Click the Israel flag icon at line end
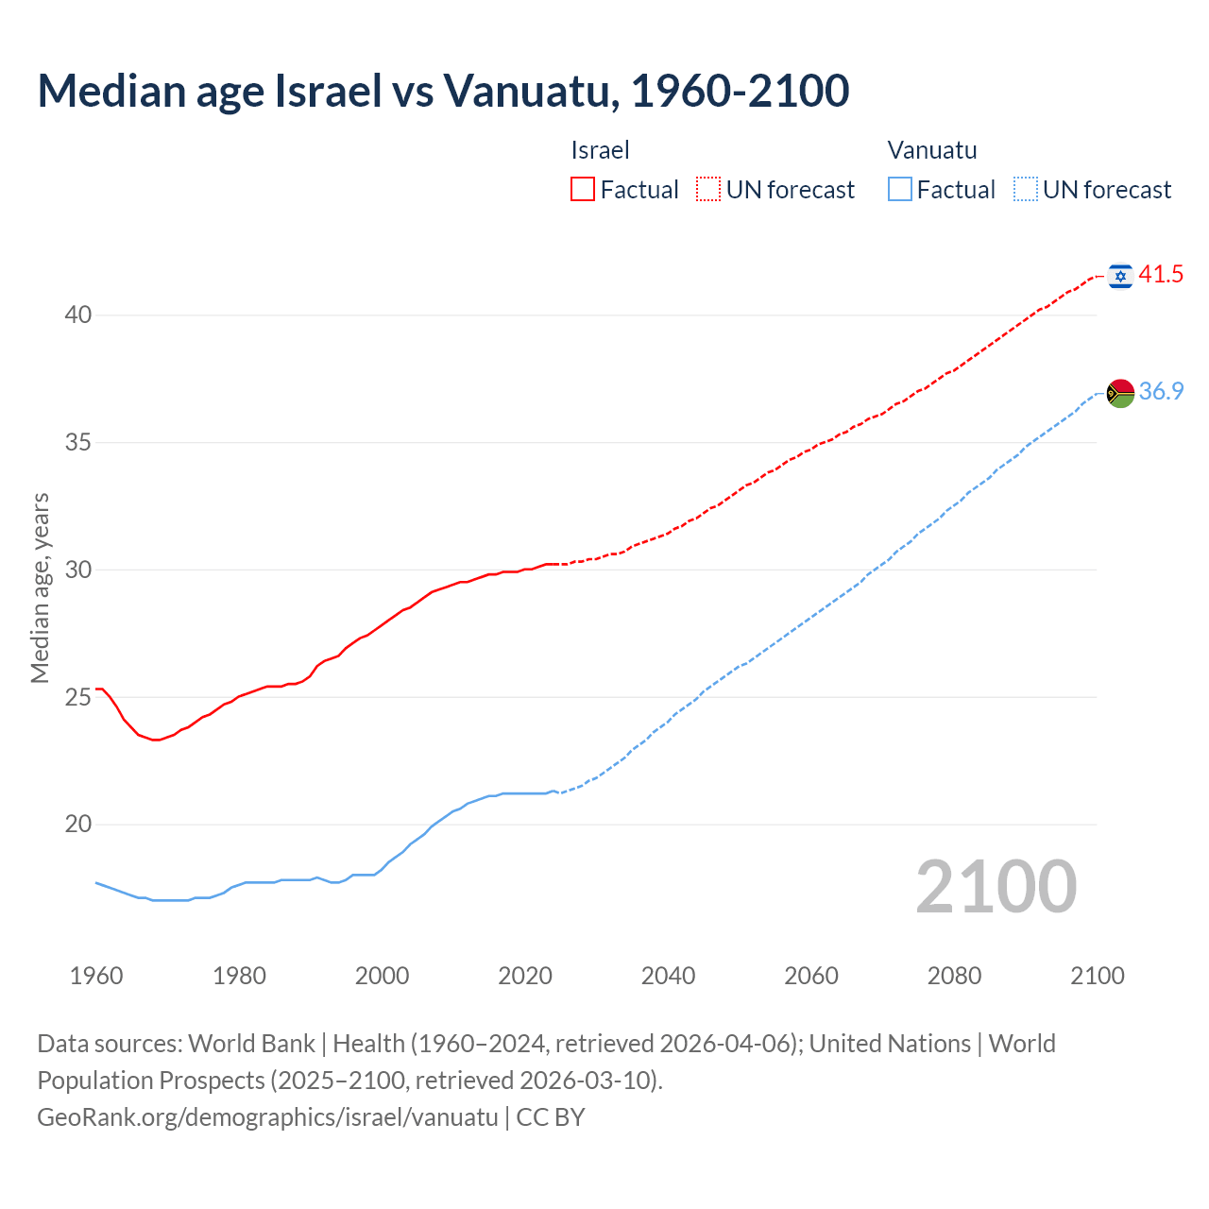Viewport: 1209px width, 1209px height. [x=1120, y=276]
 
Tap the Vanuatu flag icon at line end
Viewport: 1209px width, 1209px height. [x=1120, y=392]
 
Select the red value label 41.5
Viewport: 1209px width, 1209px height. [x=1161, y=275]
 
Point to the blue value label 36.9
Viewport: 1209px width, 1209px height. [x=1161, y=391]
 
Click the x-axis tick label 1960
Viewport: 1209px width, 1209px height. [x=96, y=976]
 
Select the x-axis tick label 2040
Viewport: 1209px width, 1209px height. [x=668, y=976]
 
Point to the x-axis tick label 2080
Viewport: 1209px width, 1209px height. [x=954, y=976]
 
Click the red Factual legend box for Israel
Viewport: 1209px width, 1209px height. [x=583, y=189]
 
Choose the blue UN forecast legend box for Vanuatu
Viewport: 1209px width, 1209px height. [x=1026, y=189]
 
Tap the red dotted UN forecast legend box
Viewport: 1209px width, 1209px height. [x=708, y=189]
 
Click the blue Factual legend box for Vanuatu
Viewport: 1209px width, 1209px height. [x=900, y=189]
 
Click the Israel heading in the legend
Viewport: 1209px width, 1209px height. [x=600, y=150]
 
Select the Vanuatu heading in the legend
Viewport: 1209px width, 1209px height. [x=932, y=150]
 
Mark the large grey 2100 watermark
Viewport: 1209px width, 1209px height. [x=996, y=886]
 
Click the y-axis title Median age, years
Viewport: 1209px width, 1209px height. [x=40, y=587]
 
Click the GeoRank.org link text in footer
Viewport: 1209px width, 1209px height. [x=267, y=1117]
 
